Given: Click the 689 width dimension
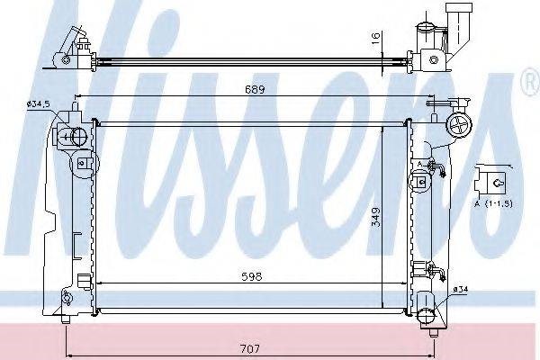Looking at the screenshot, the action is point(255,90).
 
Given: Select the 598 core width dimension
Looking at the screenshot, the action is point(252,276).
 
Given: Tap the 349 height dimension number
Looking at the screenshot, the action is point(376,217).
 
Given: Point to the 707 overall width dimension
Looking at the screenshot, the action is point(250,348).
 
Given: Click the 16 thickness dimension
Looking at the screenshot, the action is point(376,37).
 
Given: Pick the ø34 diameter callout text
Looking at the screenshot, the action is point(461,290).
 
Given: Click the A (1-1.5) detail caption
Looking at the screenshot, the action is point(494,203).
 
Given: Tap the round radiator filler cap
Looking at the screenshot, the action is point(459,126).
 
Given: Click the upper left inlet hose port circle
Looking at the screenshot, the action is point(79,137).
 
